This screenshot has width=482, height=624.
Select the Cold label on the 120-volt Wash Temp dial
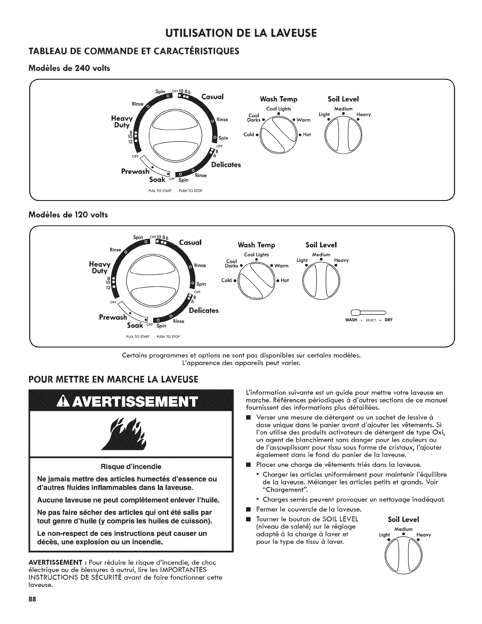click(x=227, y=280)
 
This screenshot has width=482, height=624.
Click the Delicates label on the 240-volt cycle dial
click(x=226, y=165)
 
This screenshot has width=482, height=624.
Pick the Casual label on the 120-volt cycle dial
click(x=190, y=242)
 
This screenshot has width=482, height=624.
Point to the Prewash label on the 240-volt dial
click(x=135, y=171)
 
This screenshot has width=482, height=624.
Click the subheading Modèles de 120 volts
click(x=68, y=215)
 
